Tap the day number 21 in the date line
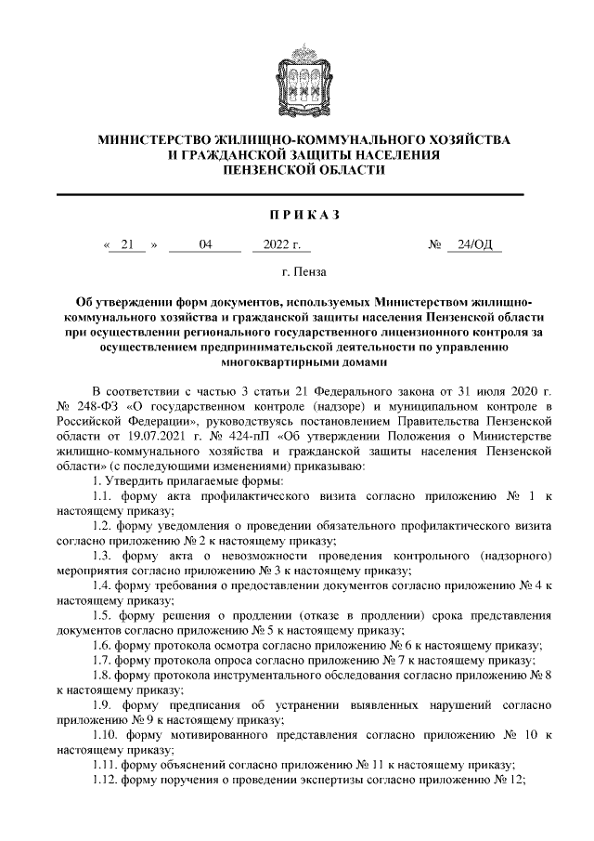click(127, 245)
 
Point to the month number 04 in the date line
click(205, 245)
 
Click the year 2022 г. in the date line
click(281, 245)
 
